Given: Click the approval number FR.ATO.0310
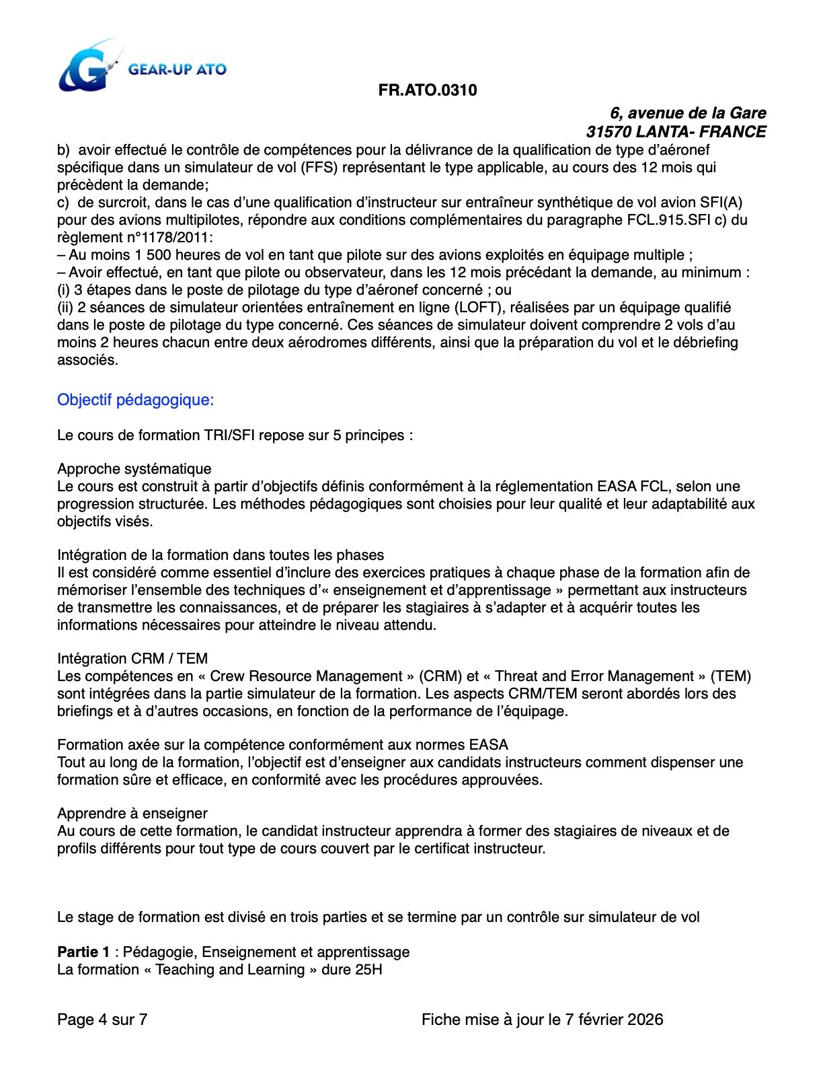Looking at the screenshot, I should pos(428,90).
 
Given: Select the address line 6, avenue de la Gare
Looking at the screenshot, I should pos(688,113).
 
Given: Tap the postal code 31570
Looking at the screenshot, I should pos(606,132).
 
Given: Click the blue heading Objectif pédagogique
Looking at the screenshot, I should pos(135,400).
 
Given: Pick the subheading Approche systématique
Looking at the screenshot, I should pos(134,469).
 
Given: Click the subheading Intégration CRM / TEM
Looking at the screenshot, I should pos(132,659).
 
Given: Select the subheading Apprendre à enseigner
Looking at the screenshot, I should pos(132,814).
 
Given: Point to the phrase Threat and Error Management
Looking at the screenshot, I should pos(594,676).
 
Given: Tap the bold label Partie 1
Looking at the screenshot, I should pos(83,952).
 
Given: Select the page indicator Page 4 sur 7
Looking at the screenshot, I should pos(102,1020).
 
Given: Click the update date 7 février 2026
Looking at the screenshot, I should pos(614,1020).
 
